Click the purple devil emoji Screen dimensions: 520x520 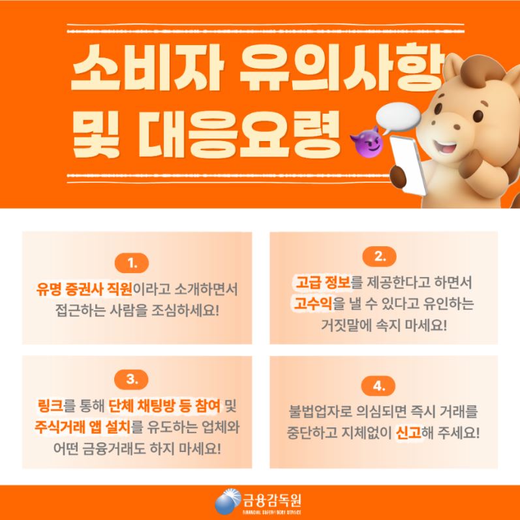(367, 142)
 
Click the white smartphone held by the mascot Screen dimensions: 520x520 (407, 165)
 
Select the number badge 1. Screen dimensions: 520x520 (132, 263)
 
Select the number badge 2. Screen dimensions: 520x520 (379, 256)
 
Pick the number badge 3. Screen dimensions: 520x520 (131, 380)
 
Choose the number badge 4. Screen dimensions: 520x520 (378, 386)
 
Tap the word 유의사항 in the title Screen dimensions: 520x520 (342, 68)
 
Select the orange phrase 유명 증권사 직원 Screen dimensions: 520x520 (84, 289)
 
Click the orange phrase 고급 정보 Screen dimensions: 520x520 (323, 282)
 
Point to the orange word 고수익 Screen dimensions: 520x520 (313, 303)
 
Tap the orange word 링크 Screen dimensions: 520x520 (51, 406)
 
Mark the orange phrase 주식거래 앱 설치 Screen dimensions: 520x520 (83, 427)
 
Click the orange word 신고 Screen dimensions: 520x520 (408, 432)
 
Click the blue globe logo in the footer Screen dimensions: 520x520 (228, 502)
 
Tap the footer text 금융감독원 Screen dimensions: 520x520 (272, 500)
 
